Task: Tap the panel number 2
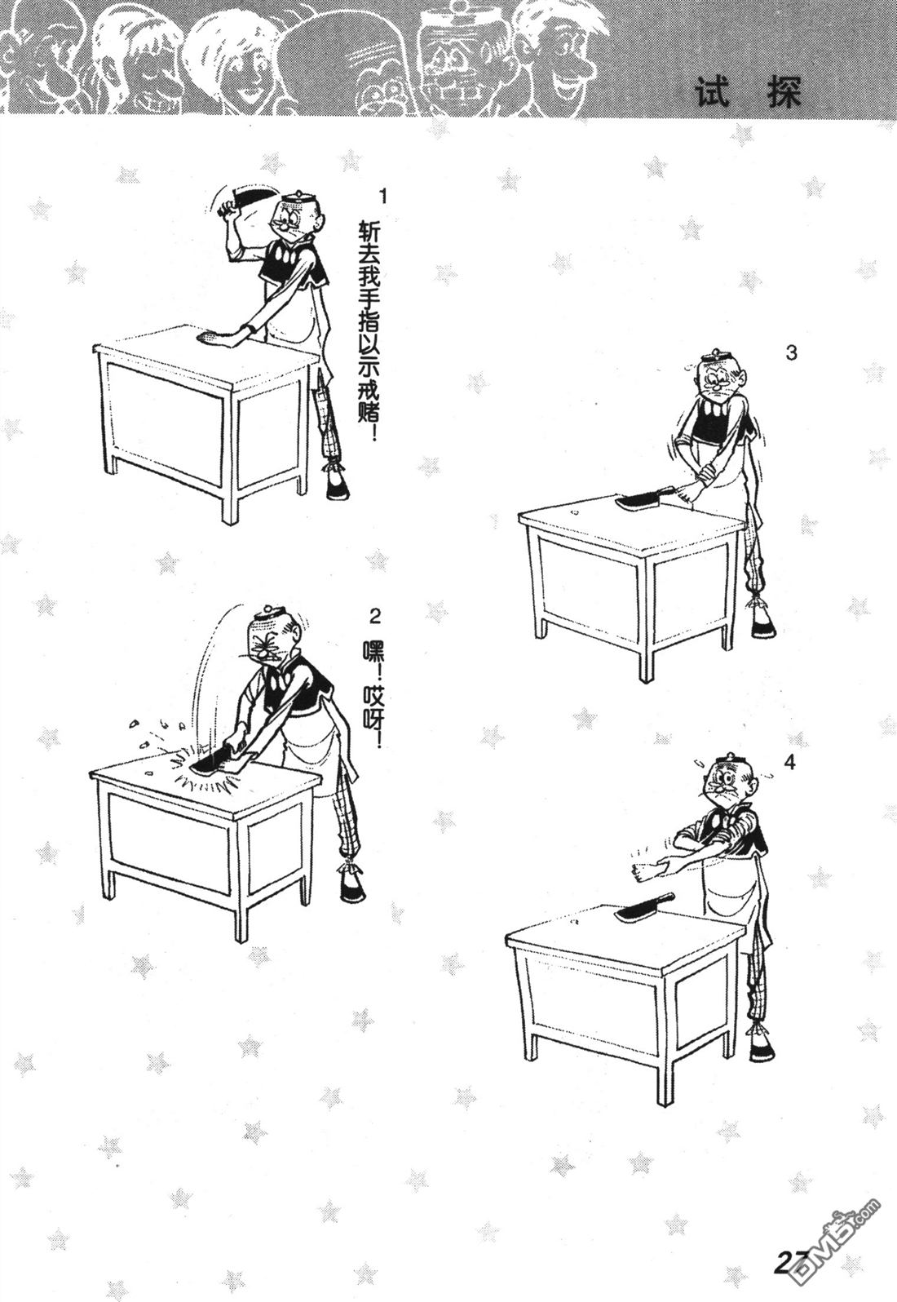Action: (375, 617)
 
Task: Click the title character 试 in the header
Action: (713, 92)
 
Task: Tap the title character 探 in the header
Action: (784, 92)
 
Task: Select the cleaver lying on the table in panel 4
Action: (646, 913)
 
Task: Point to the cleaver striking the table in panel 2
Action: (216, 763)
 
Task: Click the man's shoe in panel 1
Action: (337, 485)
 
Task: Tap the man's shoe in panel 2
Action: (352, 902)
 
